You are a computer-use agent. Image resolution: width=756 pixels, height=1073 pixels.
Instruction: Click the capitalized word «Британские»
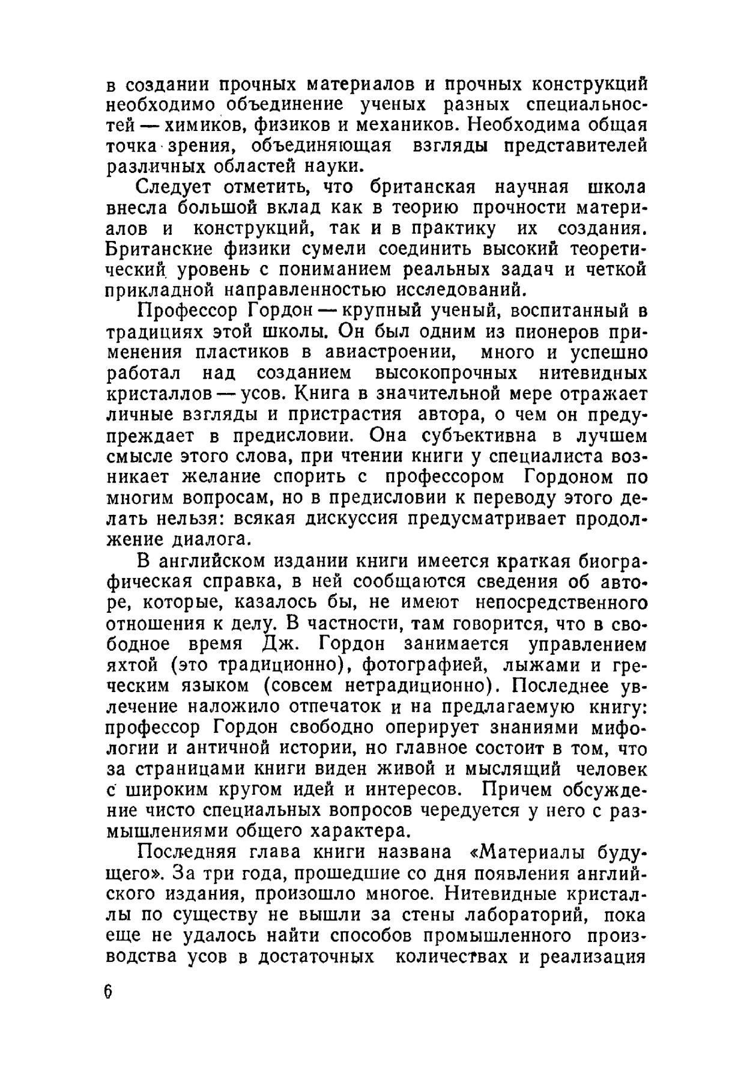tap(160, 249)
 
